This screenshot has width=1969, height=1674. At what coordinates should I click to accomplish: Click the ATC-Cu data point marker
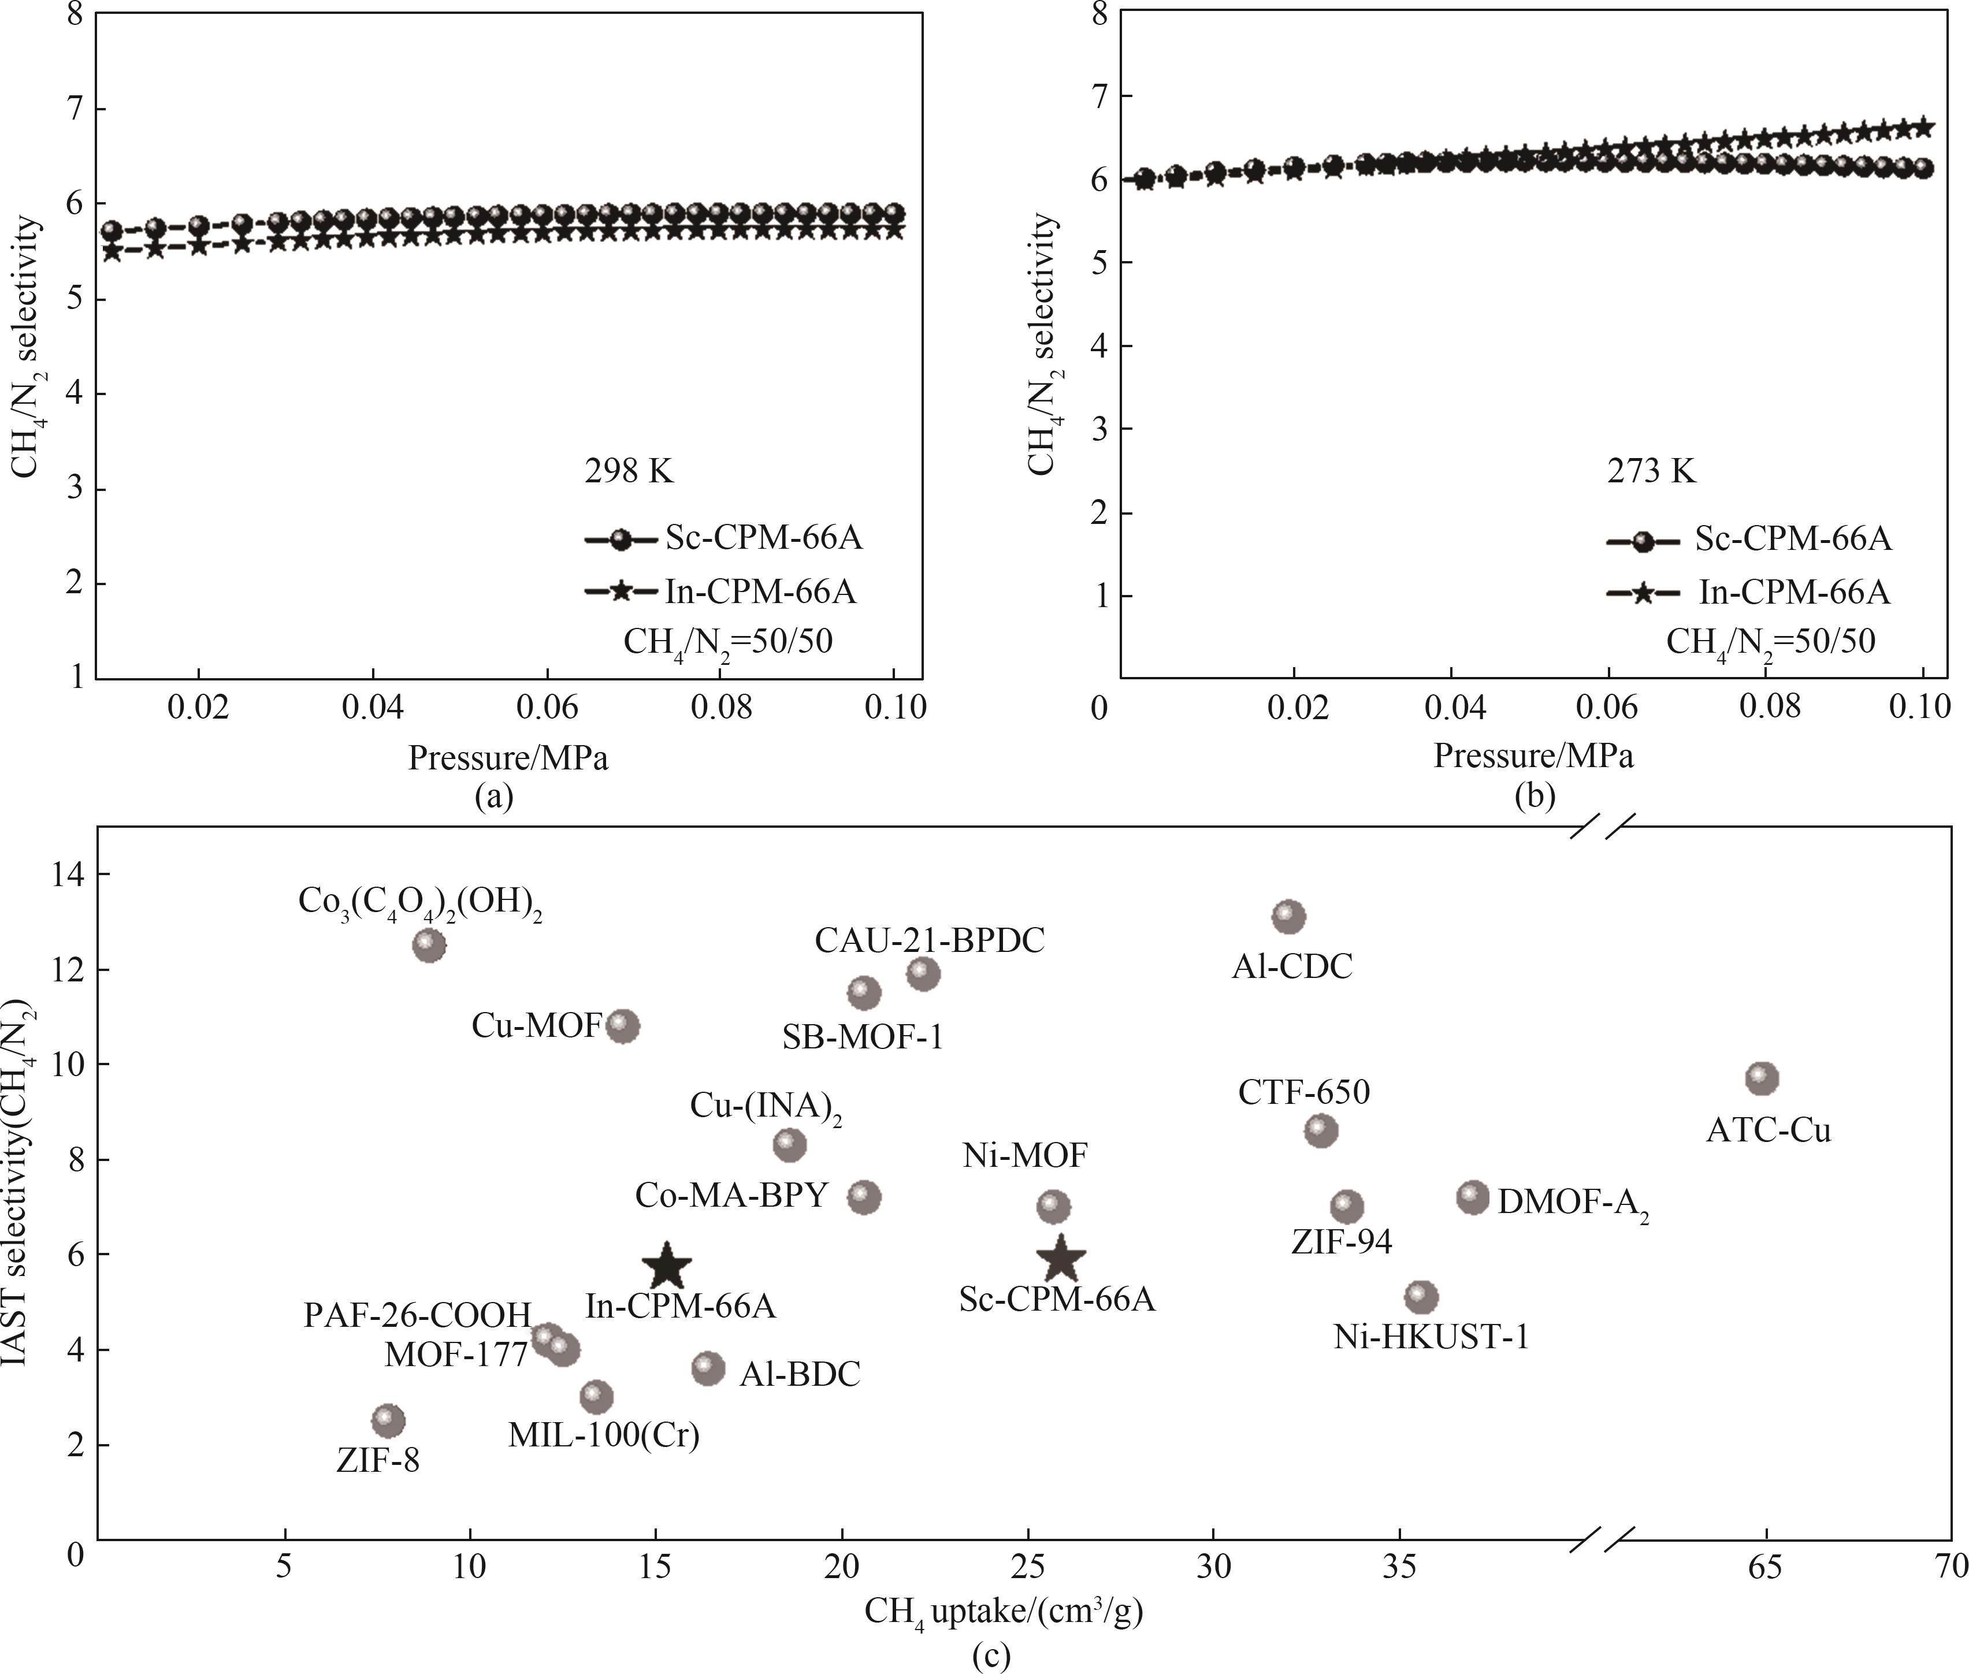[1761, 1078]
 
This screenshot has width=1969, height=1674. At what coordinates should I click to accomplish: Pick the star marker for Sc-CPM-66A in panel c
[1060, 1259]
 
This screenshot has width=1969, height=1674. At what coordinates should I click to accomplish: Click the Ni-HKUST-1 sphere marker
[1421, 1296]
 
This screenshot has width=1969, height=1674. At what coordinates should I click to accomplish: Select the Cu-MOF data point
[622, 1026]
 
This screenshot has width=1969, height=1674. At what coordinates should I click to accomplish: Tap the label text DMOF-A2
[1572, 1203]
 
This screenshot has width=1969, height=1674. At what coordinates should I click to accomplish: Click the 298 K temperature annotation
[628, 471]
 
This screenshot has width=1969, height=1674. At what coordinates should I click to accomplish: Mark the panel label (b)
[1535, 795]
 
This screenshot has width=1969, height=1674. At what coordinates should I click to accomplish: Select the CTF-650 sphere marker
[1321, 1130]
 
